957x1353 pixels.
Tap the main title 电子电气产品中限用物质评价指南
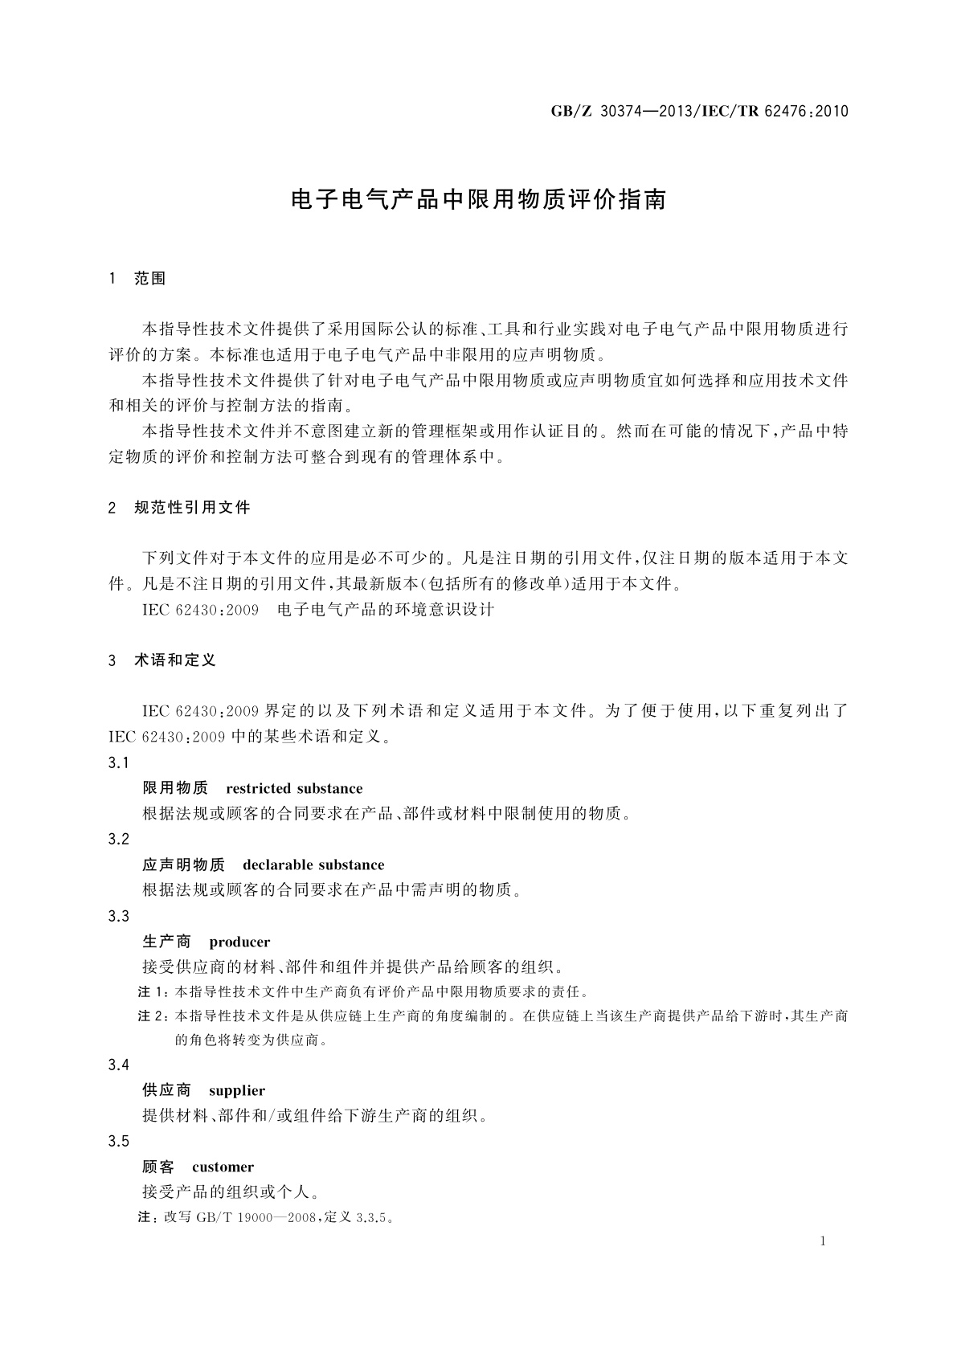[x=478, y=200]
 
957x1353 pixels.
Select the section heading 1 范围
[x=137, y=279]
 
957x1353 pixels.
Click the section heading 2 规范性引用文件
[x=179, y=508]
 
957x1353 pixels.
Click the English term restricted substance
[x=294, y=788]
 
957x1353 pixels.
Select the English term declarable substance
[x=313, y=865]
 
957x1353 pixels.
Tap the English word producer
[x=239, y=942]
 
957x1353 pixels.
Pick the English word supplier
[x=236, y=1090]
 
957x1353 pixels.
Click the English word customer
[x=223, y=1167]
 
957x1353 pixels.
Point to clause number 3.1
[x=118, y=762]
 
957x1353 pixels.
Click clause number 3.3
[x=118, y=916]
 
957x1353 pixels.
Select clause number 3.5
[x=118, y=1141]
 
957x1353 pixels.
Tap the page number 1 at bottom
[x=823, y=1241]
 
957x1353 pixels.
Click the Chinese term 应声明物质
[x=183, y=865]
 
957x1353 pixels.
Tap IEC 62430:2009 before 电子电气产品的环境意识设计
[x=200, y=610]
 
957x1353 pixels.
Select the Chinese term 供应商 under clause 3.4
[x=166, y=1090]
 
